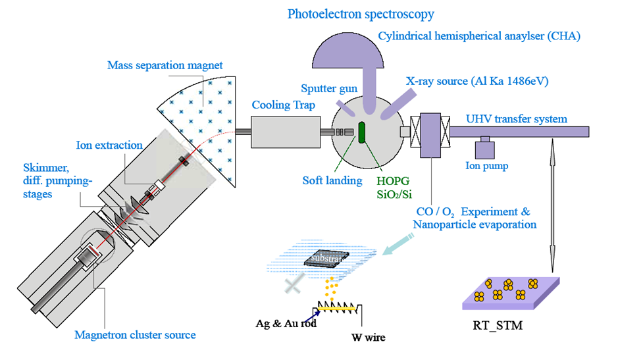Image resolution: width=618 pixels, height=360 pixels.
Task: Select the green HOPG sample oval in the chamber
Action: [x=361, y=130]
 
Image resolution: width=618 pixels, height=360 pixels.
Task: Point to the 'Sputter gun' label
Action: [x=328, y=88]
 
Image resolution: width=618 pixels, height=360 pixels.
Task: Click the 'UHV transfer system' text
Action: [x=516, y=119]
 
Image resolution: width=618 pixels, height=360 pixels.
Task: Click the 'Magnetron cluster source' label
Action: [x=135, y=334]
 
